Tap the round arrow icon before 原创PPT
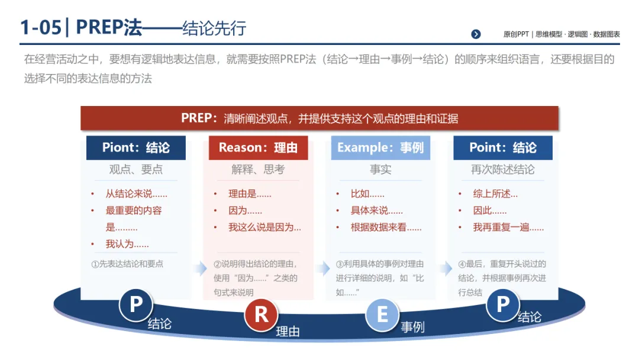[476, 34]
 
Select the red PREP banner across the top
[319, 118]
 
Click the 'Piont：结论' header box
[136, 148]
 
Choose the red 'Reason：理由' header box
[258, 148]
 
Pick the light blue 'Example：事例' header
[380, 148]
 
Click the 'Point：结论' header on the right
[503, 148]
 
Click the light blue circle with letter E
[382, 314]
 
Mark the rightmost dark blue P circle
[502, 305]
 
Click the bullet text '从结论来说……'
[136, 194]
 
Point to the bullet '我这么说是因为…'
[264, 227]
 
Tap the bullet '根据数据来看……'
[386, 227]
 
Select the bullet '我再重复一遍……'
[508, 227]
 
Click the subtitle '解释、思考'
[258, 169]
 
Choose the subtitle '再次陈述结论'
[503, 169]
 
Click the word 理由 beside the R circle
[288, 332]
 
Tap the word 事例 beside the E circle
[412, 327]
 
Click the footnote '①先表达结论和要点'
[127, 264]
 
